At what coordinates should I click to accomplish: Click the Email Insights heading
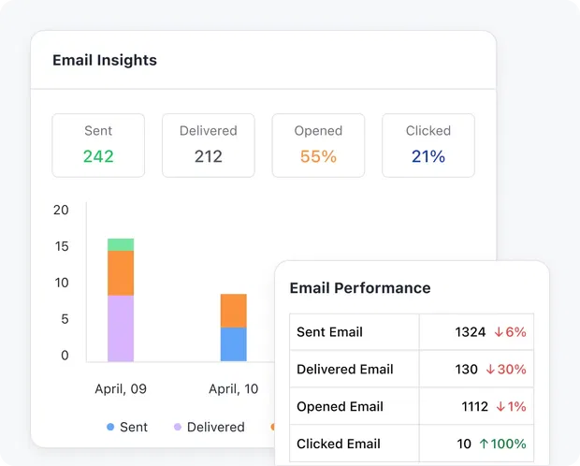point(105,61)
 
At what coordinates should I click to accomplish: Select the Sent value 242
point(98,156)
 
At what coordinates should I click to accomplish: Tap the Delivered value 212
point(209,156)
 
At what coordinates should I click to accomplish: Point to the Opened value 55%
point(318,156)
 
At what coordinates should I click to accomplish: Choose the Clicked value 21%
point(428,156)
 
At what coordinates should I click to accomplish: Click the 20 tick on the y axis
point(61,210)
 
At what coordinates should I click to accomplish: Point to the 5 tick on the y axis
point(65,319)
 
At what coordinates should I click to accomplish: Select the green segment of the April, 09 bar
point(121,245)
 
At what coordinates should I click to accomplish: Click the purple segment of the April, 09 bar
point(121,328)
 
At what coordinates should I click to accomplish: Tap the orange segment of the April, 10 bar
point(234,311)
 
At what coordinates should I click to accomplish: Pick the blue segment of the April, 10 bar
point(234,344)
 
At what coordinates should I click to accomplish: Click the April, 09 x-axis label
point(121,388)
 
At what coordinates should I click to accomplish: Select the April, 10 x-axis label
point(234,388)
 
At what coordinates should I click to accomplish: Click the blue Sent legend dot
point(110,428)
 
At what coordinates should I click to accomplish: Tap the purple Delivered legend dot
point(178,428)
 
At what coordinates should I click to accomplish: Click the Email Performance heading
point(360,288)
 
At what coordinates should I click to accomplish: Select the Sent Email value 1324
point(471,332)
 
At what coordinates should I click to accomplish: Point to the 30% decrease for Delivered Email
point(506,370)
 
